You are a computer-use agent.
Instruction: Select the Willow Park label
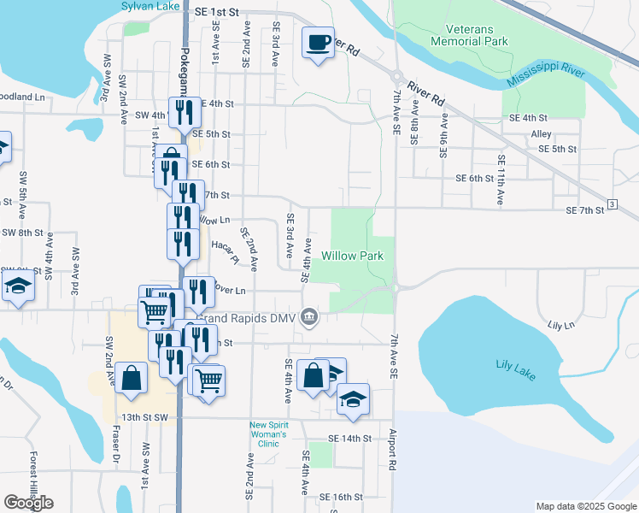tap(352, 256)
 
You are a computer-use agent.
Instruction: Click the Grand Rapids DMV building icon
tap(310, 317)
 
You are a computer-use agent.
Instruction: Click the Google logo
tap(28, 503)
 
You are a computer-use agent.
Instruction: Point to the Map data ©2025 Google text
tap(584, 506)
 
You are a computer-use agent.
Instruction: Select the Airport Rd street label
tap(394, 450)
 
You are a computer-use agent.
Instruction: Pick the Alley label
tap(541, 134)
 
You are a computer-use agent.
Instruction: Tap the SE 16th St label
tap(342, 497)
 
